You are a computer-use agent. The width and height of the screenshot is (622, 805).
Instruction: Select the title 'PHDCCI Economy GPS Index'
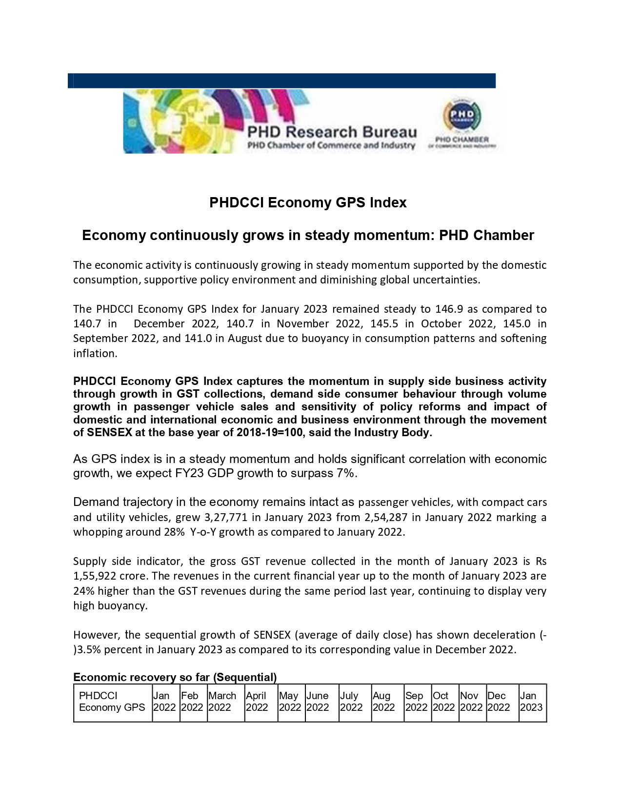(308, 202)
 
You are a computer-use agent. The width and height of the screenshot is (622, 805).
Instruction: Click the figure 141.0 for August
(198, 339)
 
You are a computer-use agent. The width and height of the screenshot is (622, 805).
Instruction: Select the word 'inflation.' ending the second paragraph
(95, 354)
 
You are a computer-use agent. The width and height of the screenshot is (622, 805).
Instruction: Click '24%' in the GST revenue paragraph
(83, 591)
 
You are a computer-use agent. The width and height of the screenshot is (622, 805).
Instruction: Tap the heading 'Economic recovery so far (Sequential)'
(175, 677)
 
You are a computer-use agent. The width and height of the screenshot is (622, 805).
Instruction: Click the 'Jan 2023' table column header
(531, 702)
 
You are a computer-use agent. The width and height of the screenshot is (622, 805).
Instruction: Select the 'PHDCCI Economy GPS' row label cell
(112, 702)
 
